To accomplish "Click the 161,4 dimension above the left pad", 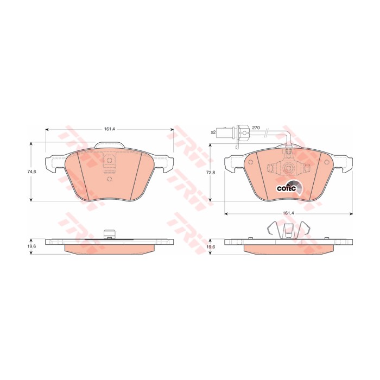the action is (x=109, y=129).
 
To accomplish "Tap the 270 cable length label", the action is (x=256, y=128).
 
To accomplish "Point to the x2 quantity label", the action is (x=213, y=132).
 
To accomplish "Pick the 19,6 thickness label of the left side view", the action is (x=33, y=246).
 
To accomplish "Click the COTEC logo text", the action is (x=287, y=188).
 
